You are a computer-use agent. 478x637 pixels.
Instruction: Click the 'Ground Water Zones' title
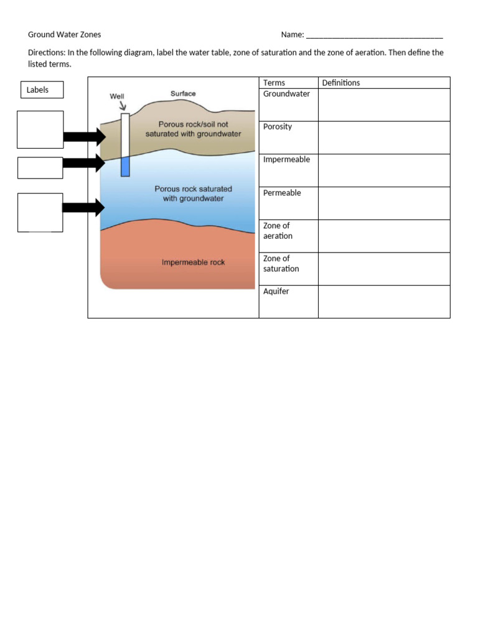(x=64, y=35)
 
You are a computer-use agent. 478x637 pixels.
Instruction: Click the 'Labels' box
(x=42, y=90)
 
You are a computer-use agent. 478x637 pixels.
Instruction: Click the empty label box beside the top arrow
(x=40, y=129)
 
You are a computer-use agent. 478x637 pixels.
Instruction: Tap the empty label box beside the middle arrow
(x=40, y=168)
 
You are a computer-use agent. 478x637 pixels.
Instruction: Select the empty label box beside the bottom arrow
(x=40, y=212)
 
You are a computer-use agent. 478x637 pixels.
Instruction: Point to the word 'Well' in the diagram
(x=117, y=96)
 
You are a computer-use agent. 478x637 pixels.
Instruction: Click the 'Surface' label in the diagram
(x=183, y=94)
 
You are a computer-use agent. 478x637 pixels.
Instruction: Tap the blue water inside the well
(x=125, y=166)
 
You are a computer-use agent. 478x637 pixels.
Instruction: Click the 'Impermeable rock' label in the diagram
(x=193, y=263)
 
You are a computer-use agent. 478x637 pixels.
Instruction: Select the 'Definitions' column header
(x=341, y=83)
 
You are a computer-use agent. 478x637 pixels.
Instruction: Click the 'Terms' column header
(x=274, y=83)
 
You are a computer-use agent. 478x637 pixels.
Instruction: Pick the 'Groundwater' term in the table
(x=286, y=94)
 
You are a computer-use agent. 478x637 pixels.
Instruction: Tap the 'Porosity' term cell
(x=278, y=127)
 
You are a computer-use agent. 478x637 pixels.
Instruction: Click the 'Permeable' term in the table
(x=282, y=193)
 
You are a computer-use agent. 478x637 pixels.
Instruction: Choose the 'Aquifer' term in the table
(x=276, y=291)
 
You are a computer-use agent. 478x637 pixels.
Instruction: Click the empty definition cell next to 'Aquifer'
(x=383, y=302)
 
